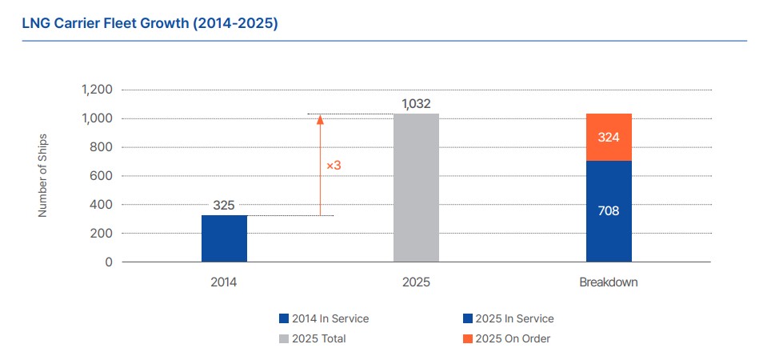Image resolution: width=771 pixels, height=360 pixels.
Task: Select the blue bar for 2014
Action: pos(224,238)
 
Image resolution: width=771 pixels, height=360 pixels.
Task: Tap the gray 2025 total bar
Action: pos(416,188)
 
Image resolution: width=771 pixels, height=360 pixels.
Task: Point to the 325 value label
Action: pos(224,206)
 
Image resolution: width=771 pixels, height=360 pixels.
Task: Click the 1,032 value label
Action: pos(416,104)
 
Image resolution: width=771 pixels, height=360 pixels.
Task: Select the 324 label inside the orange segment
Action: pos(609,138)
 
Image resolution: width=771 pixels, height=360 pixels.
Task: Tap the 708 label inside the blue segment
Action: pos(609,211)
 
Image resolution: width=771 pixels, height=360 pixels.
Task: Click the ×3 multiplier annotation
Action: pos(334,166)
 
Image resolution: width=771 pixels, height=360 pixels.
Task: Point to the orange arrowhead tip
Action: pos(320,117)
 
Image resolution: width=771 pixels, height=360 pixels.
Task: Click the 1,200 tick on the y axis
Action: pos(97,90)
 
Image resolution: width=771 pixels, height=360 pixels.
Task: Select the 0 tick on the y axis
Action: pos(109,262)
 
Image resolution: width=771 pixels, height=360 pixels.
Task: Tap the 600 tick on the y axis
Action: pos(102,176)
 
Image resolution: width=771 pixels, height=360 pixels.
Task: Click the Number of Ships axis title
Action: pos(43,176)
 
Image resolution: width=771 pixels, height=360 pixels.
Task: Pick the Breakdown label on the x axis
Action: pos(609,283)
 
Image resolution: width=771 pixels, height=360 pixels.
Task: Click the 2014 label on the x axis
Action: pos(224,283)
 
